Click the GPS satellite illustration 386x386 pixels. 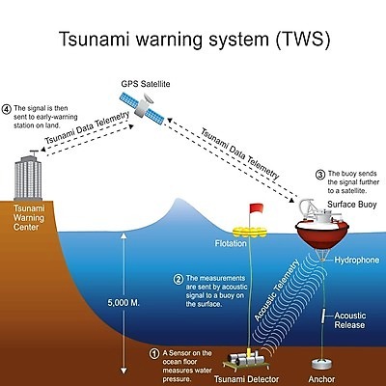(x=142, y=108)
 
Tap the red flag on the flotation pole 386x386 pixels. (x=257, y=208)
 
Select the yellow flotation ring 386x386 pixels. (x=250, y=232)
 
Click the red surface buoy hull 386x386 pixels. (x=322, y=234)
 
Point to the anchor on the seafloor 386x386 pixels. (x=322, y=364)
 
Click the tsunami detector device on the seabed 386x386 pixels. (x=246, y=359)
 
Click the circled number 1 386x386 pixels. (x=154, y=354)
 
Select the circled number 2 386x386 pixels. (x=179, y=279)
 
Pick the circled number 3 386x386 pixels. (x=320, y=175)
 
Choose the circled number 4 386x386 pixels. (x=6, y=109)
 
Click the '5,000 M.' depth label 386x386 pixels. (x=124, y=303)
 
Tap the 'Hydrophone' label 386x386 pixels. (x=357, y=260)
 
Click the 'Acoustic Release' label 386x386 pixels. (x=350, y=320)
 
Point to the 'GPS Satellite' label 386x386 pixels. (x=146, y=84)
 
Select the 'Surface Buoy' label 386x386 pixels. (x=352, y=205)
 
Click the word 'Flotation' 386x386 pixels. (x=231, y=243)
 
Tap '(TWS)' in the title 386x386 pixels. (x=303, y=40)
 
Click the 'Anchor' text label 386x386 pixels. (x=321, y=379)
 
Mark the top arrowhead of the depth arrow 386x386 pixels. (x=124, y=235)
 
